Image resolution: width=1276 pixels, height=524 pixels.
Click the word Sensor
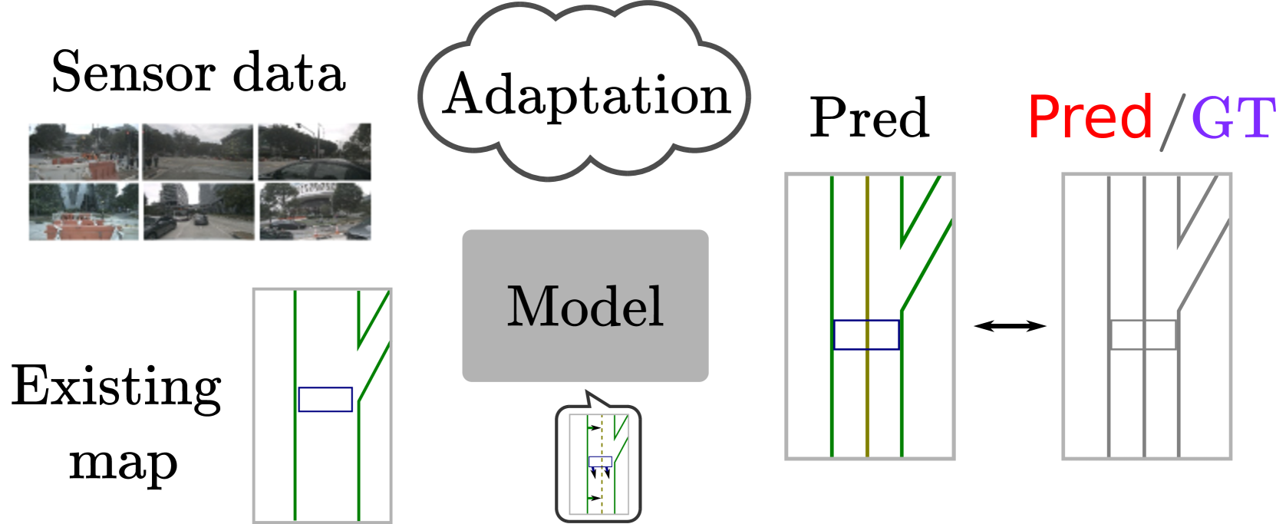134,74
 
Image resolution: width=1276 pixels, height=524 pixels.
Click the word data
289,74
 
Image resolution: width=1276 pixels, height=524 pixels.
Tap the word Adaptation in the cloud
587,96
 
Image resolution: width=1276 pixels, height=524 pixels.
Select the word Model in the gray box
585,306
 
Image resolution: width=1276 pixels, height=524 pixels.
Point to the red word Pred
1090,117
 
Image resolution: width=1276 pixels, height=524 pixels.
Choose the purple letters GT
1232,118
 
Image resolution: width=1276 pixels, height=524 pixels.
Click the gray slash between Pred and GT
1172,121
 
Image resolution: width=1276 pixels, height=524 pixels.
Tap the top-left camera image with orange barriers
84,152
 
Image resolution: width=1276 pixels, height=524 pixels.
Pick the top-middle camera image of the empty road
198,152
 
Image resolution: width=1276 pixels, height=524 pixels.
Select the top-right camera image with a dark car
315,152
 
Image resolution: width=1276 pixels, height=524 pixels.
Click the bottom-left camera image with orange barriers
84,212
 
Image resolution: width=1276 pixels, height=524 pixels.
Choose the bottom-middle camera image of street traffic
198,212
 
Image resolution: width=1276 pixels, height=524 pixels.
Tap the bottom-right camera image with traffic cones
315,212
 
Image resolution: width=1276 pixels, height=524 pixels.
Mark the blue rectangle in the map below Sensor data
325,400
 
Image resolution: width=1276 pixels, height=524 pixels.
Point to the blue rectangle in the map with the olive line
866,335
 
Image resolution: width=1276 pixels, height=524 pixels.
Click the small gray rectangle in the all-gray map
1144,335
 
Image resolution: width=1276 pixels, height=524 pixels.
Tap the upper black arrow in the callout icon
593,427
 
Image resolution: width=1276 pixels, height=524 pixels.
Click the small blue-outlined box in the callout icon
600,462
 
